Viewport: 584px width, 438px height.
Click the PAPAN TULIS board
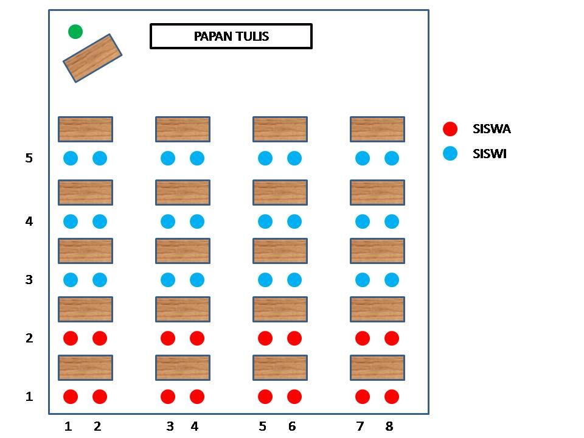click(231, 36)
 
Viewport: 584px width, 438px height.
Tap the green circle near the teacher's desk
click(75, 32)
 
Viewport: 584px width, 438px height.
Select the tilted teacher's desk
click(92, 58)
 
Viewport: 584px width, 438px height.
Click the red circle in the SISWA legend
click(450, 129)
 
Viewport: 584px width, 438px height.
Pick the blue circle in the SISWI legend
click(450, 154)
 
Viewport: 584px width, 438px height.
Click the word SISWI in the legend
click(490, 154)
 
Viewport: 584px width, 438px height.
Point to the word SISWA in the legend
click(492, 129)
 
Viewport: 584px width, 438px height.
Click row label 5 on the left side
click(29, 158)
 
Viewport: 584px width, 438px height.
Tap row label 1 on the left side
click(29, 397)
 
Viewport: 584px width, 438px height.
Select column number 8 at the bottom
click(389, 426)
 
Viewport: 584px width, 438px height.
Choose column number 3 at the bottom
click(170, 426)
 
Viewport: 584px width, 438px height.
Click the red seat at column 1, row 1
click(71, 397)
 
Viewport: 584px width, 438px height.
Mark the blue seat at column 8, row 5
click(392, 158)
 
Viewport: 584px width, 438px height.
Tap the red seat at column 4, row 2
click(197, 338)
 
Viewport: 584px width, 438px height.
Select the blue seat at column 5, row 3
click(265, 280)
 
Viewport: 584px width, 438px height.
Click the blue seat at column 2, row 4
click(100, 221)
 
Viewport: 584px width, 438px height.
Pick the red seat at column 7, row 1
click(363, 397)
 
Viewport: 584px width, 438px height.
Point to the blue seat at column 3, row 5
click(168, 158)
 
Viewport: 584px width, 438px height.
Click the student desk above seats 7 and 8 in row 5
click(377, 129)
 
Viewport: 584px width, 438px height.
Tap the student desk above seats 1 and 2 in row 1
click(85, 367)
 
